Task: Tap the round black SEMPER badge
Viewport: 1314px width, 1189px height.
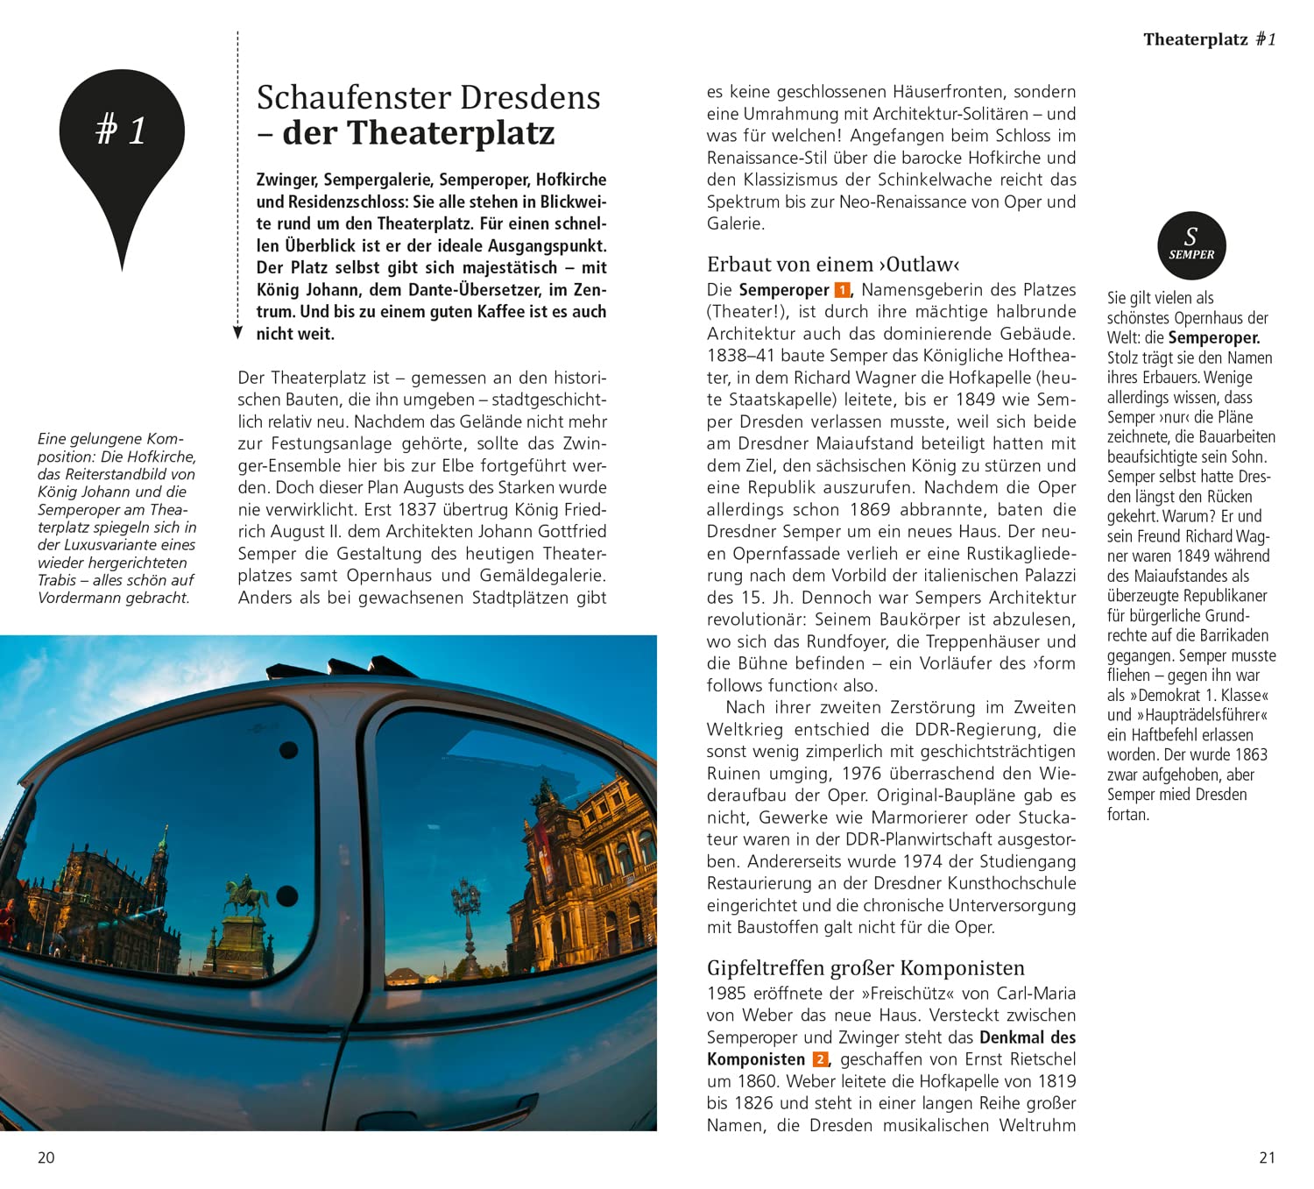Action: (x=1191, y=245)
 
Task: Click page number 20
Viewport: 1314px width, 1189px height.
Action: (x=46, y=1157)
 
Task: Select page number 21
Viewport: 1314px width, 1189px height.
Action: (x=1268, y=1157)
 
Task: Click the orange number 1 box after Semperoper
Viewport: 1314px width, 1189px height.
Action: (x=842, y=290)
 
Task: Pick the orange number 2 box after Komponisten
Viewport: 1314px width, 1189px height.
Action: (x=820, y=1059)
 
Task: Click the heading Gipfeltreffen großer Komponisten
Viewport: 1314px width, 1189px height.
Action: (x=865, y=968)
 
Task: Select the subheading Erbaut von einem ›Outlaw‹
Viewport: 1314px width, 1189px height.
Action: (x=833, y=265)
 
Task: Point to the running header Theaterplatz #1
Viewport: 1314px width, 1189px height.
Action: (x=1209, y=39)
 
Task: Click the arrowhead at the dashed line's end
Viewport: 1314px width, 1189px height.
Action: (x=237, y=333)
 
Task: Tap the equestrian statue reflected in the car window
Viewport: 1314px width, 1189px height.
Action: (x=246, y=898)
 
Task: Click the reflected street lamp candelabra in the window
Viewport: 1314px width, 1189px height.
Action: (x=466, y=911)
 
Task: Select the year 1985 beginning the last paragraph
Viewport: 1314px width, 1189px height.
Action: (x=726, y=994)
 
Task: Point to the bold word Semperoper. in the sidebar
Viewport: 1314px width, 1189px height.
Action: (x=1213, y=338)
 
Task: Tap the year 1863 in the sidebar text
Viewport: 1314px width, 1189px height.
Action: (x=1251, y=754)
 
